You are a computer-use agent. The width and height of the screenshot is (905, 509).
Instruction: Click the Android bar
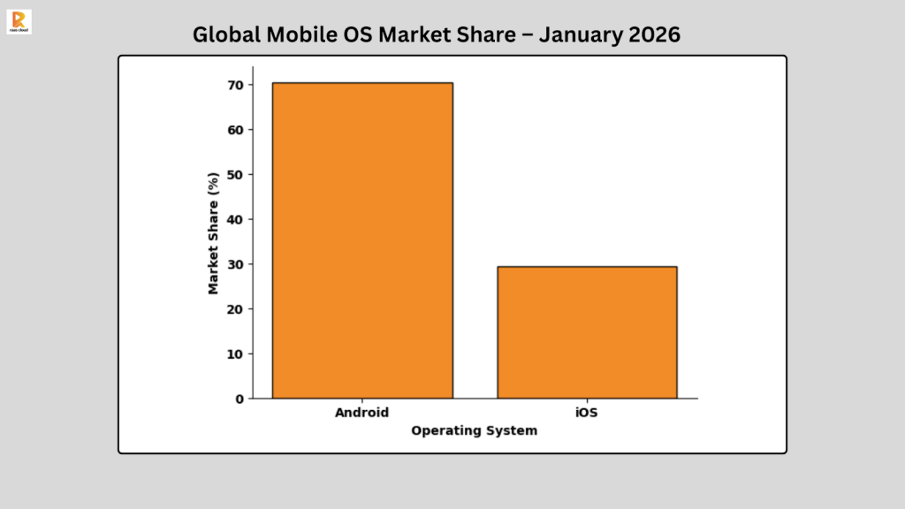click(x=362, y=240)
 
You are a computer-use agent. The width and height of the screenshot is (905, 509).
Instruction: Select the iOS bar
click(x=587, y=332)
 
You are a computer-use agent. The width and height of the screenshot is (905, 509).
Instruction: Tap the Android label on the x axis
click(x=361, y=413)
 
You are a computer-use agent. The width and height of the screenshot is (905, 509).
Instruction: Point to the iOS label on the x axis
click(x=587, y=413)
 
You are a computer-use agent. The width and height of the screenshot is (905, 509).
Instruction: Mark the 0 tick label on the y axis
click(x=239, y=399)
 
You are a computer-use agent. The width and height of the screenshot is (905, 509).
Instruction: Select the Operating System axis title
click(x=474, y=430)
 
